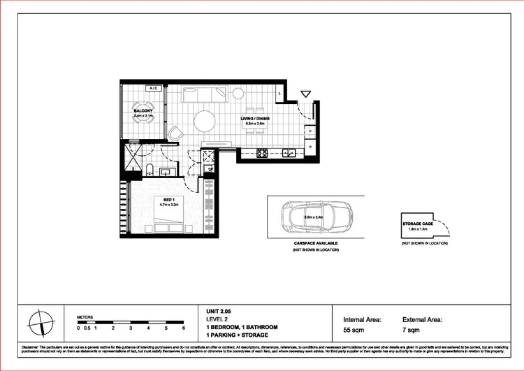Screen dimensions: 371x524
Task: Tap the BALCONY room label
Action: [x=143, y=111]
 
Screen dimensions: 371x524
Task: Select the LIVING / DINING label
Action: [x=256, y=119]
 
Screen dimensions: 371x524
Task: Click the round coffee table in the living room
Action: [x=205, y=122]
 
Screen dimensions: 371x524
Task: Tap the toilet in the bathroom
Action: [x=149, y=168]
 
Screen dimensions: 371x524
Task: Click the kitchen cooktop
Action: [x=263, y=154]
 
